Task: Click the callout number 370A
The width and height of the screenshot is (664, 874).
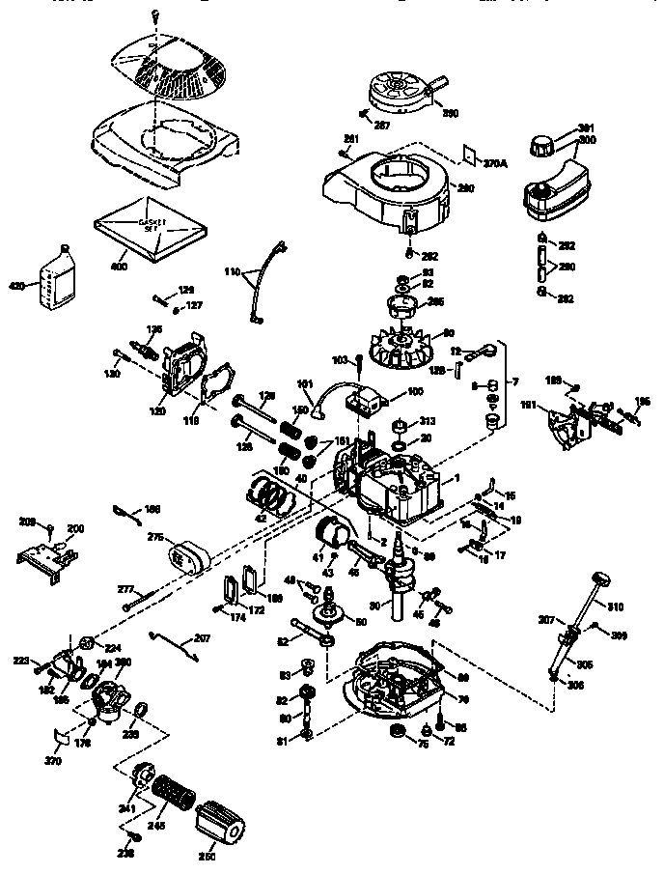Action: click(x=495, y=164)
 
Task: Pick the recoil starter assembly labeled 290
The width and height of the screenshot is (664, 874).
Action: click(x=401, y=89)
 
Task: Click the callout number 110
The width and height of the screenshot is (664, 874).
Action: click(x=232, y=272)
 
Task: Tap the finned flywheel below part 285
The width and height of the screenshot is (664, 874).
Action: click(x=403, y=349)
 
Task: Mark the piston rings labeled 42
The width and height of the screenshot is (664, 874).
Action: click(x=273, y=492)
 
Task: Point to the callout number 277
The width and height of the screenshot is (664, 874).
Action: click(x=124, y=588)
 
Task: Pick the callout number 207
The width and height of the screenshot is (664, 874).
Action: click(x=202, y=638)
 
